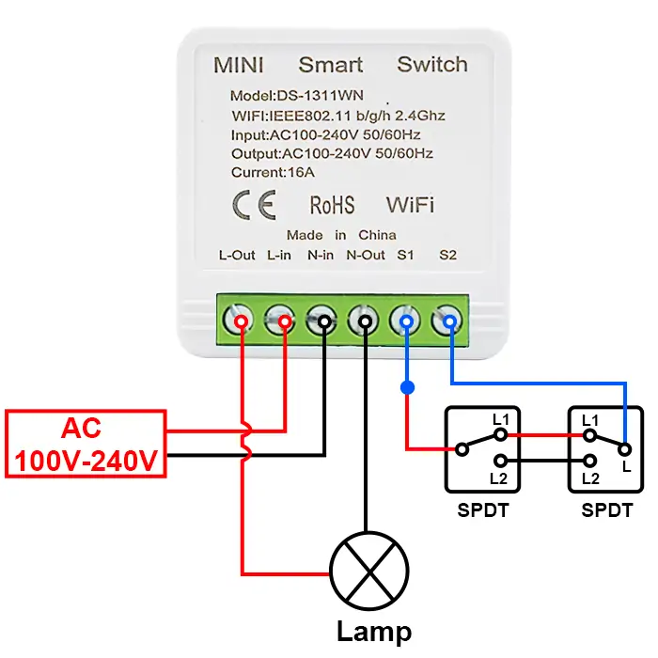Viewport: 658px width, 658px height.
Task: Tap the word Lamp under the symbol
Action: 373,632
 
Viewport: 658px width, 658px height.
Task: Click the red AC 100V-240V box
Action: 86,444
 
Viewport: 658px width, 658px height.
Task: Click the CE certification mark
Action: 253,205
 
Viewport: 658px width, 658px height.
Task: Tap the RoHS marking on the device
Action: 332,205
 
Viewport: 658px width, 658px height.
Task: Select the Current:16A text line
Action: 272,172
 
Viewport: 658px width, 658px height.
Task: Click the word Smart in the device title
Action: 330,65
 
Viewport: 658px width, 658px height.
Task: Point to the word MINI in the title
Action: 239,65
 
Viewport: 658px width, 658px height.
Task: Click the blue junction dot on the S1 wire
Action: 407,387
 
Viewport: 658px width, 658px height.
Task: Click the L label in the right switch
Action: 626,467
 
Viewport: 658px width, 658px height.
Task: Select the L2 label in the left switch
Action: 499,478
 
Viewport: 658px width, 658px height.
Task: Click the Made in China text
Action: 341,235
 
